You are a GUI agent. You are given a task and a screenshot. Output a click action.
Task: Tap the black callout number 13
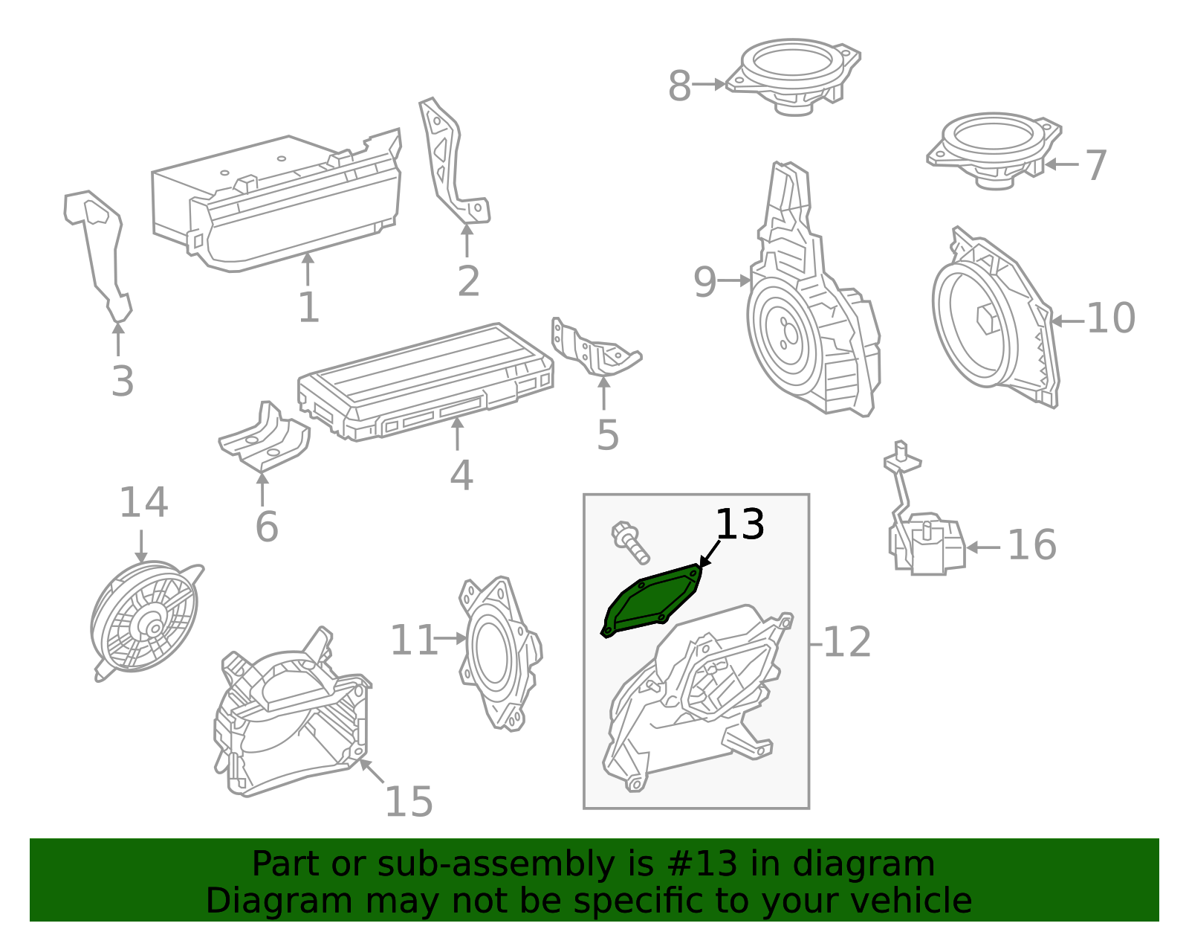[x=739, y=525]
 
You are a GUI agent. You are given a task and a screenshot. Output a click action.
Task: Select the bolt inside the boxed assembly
[x=630, y=543]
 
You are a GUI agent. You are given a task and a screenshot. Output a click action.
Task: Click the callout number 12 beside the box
[x=847, y=642]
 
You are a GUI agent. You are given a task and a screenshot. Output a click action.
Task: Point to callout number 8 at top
[x=679, y=86]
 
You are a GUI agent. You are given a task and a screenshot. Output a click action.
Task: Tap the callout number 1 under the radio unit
[x=308, y=307]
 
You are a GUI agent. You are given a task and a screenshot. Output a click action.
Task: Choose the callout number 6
[x=266, y=527]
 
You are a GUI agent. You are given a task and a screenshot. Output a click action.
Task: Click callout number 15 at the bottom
[x=408, y=802]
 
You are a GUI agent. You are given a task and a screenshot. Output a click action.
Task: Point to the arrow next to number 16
[x=982, y=547]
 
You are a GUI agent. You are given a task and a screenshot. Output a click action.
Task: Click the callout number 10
[x=1110, y=318]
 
